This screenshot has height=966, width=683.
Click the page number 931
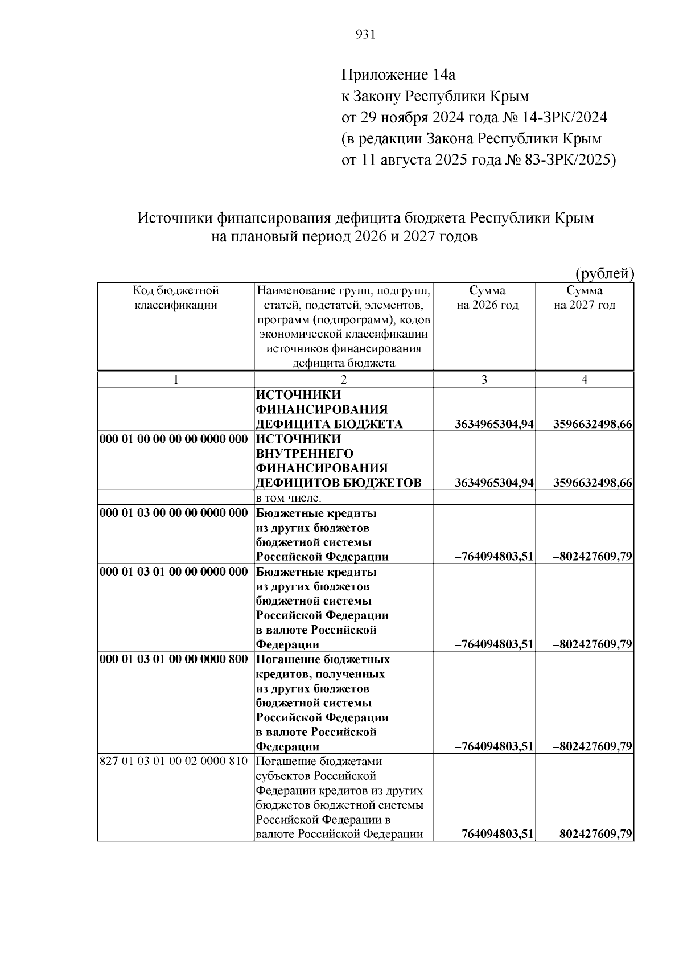point(365,35)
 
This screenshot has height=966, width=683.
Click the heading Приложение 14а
point(398,75)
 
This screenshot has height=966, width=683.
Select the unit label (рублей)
point(604,274)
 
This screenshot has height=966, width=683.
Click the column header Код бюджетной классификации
point(176,298)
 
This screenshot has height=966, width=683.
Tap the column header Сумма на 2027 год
point(585,298)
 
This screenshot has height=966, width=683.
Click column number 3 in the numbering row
point(484,380)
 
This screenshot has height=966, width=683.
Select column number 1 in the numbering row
point(176,380)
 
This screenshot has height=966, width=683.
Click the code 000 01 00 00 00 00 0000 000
point(174,439)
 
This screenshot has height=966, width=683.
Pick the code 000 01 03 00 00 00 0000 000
point(174,513)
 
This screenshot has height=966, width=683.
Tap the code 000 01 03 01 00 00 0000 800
point(174,659)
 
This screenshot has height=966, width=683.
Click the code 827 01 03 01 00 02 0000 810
point(174,761)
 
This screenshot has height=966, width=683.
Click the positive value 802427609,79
point(596,835)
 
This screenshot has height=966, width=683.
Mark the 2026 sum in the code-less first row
point(494,425)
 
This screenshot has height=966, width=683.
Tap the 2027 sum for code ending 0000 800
point(593,746)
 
